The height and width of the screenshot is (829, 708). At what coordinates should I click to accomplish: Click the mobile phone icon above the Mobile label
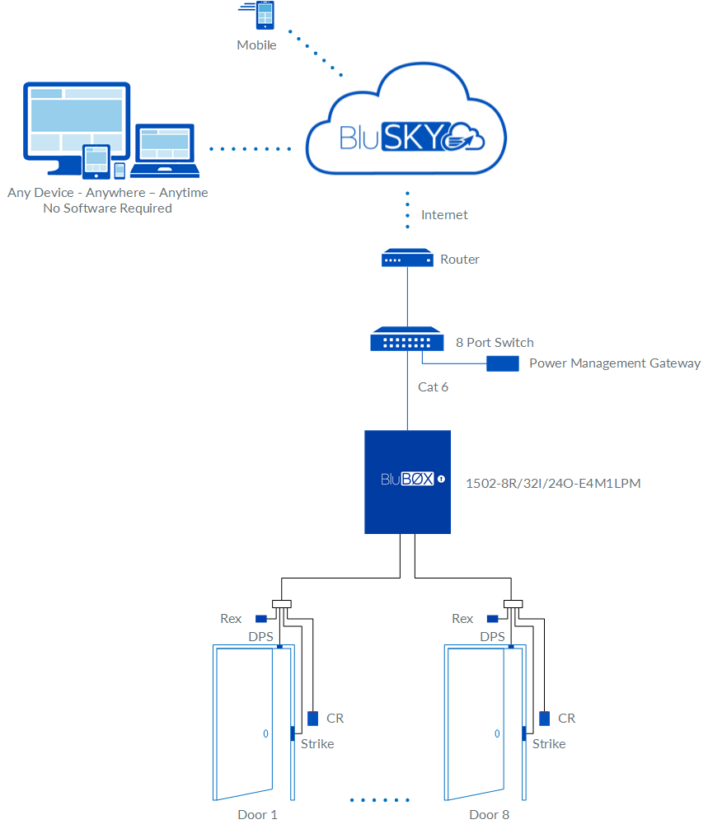coord(265,16)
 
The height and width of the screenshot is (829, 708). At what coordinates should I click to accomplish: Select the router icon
coord(407,259)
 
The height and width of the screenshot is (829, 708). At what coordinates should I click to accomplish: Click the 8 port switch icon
coord(407,340)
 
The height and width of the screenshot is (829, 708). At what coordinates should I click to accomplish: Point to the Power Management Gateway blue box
coord(502,363)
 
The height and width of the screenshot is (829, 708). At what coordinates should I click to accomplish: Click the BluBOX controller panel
coord(407,481)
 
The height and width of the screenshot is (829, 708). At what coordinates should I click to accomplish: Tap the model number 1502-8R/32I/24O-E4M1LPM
coord(553,483)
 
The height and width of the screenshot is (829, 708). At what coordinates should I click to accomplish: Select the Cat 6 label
coord(433,386)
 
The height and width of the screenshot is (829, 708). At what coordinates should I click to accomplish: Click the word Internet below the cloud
coord(444,215)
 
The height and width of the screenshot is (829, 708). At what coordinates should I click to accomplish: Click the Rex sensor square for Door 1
coord(260,619)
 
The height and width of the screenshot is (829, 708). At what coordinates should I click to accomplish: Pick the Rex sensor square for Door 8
coord(492,619)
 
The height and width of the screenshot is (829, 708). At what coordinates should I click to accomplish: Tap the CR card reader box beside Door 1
coord(312,719)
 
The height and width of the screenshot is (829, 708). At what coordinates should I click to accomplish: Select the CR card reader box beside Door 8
coord(544,719)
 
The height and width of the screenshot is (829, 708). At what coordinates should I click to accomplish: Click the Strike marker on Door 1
coord(291,733)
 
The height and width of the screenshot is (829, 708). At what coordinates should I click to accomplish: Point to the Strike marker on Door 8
coord(523,733)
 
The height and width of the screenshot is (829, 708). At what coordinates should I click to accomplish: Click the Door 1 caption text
coord(257,814)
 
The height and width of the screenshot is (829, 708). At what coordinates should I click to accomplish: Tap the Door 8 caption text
coord(490,814)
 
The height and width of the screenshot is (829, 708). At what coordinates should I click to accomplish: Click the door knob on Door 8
coord(497,733)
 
